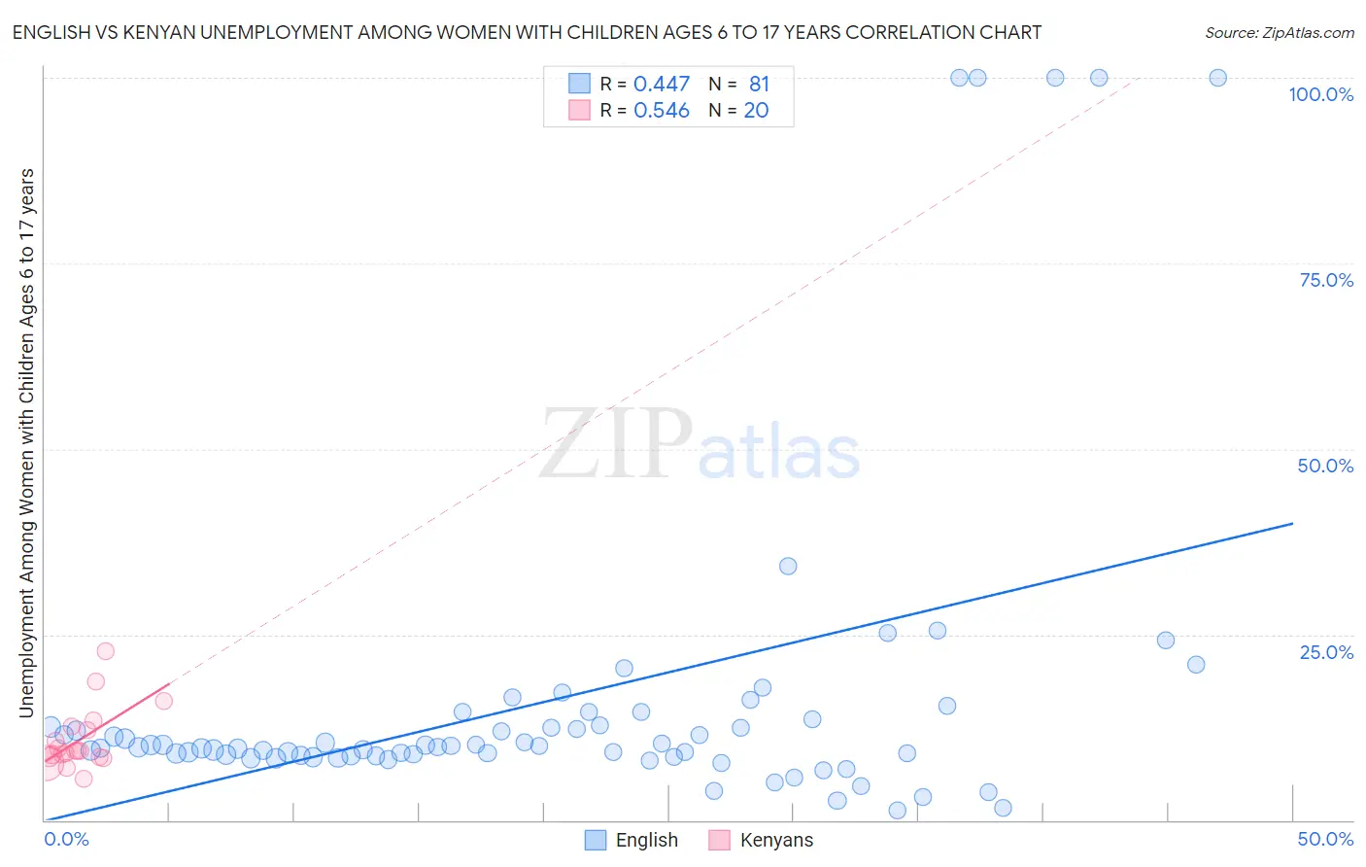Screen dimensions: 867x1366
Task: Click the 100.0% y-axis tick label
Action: click(1320, 94)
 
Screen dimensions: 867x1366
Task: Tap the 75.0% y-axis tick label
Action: click(1326, 280)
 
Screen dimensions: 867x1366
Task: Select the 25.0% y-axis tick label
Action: click(1326, 651)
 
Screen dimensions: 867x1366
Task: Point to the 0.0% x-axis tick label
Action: click(67, 839)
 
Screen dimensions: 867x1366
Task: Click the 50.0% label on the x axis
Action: click(1325, 839)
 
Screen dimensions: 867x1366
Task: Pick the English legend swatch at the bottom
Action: click(596, 840)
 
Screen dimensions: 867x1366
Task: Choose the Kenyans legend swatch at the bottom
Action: click(719, 840)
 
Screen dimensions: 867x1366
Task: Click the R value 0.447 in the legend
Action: click(661, 85)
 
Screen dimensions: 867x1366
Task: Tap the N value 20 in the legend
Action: click(756, 111)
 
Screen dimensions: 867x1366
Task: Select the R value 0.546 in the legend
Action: click(661, 111)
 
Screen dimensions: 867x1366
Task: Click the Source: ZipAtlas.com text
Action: click(1279, 32)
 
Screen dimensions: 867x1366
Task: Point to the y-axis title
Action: click(26, 443)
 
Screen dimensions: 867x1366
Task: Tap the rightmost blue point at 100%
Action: click(1217, 78)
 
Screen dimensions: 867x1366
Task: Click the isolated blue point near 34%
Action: click(788, 566)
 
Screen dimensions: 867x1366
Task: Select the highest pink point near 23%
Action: click(105, 651)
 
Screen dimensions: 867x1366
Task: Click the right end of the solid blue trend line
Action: click(1292, 523)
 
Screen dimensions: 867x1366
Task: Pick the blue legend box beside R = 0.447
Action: click(579, 84)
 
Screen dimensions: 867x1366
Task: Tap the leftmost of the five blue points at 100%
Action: click(959, 78)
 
